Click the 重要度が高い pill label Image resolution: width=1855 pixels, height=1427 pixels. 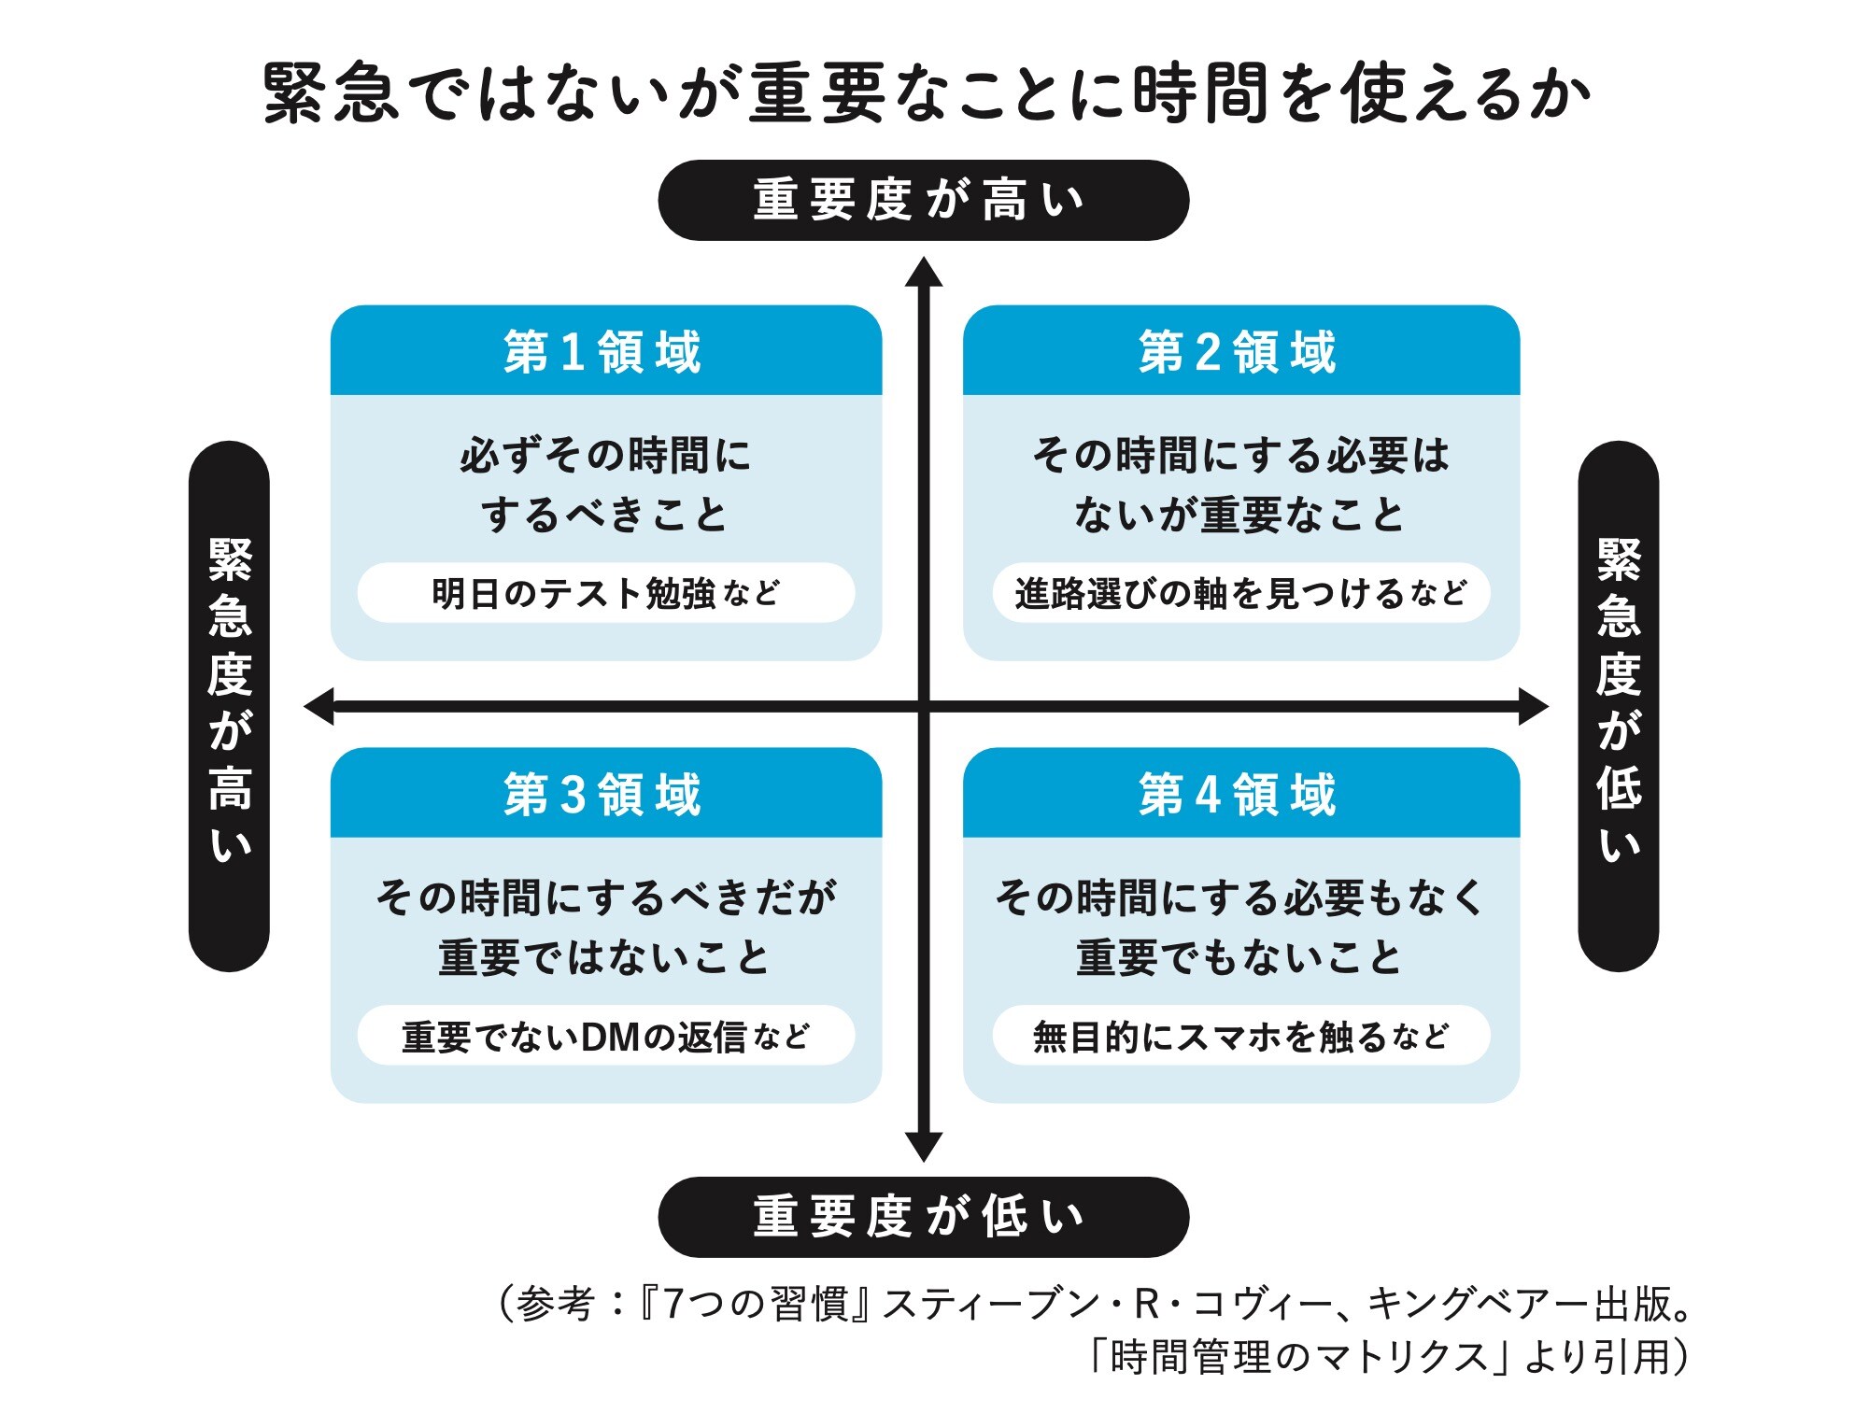pyautogui.click(x=923, y=200)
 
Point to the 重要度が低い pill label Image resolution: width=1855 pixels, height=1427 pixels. pyautogui.click(x=923, y=1216)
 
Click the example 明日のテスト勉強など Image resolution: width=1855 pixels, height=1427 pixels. pyautogui.click(x=605, y=593)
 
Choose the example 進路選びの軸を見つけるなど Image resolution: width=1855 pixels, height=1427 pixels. pyautogui.click(x=1240, y=593)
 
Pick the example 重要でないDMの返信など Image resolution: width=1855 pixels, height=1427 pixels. pyautogui.click(x=605, y=1036)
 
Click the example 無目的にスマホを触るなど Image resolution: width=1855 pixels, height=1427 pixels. pyautogui.click(x=1240, y=1036)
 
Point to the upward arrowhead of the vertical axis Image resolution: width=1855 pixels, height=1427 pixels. pyautogui.click(x=923, y=272)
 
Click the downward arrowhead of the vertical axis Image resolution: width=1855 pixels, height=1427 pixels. pyautogui.click(x=923, y=1147)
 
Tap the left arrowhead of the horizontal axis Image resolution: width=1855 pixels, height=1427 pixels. pyautogui.click(x=320, y=706)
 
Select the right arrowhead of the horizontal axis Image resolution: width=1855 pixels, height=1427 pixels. pyautogui.click(x=1532, y=706)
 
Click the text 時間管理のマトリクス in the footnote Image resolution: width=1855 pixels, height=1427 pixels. pyautogui.click(x=1299, y=1356)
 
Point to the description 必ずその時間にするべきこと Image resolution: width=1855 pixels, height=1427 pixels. pyautogui.click(x=605, y=485)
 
